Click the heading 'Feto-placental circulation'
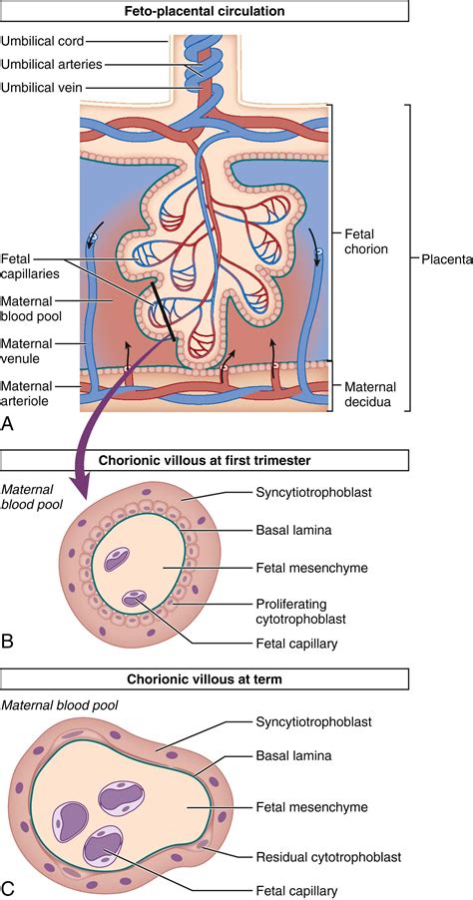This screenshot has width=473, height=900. point(204,12)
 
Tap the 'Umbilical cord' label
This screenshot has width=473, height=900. point(42,41)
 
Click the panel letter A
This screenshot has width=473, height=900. point(9,423)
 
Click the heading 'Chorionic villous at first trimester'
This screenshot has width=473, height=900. point(204,460)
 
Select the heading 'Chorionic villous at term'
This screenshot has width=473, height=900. point(204,678)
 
